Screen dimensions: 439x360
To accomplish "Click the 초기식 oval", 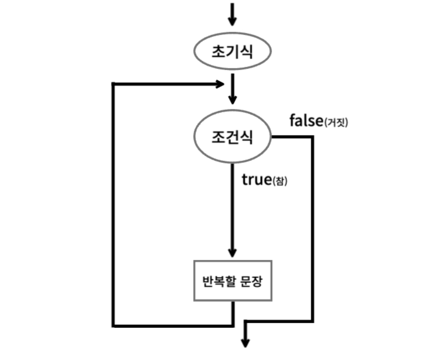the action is point(232,52).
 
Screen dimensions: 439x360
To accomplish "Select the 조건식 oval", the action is point(232,138).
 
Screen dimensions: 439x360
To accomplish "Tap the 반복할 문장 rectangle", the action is point(232,280).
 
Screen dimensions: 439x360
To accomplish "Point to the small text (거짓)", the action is point(336,122).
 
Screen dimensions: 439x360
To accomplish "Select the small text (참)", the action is point(280,181).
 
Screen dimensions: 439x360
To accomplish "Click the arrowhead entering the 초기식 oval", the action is point(232,22).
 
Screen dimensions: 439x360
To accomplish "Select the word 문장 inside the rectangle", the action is point(253,280).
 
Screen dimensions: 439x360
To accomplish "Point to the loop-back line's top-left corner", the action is point(113,84).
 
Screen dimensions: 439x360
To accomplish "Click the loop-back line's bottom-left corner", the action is point(113,325).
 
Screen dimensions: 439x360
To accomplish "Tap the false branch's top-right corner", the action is point(311,138).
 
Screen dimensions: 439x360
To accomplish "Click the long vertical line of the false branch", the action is point(311,232).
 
